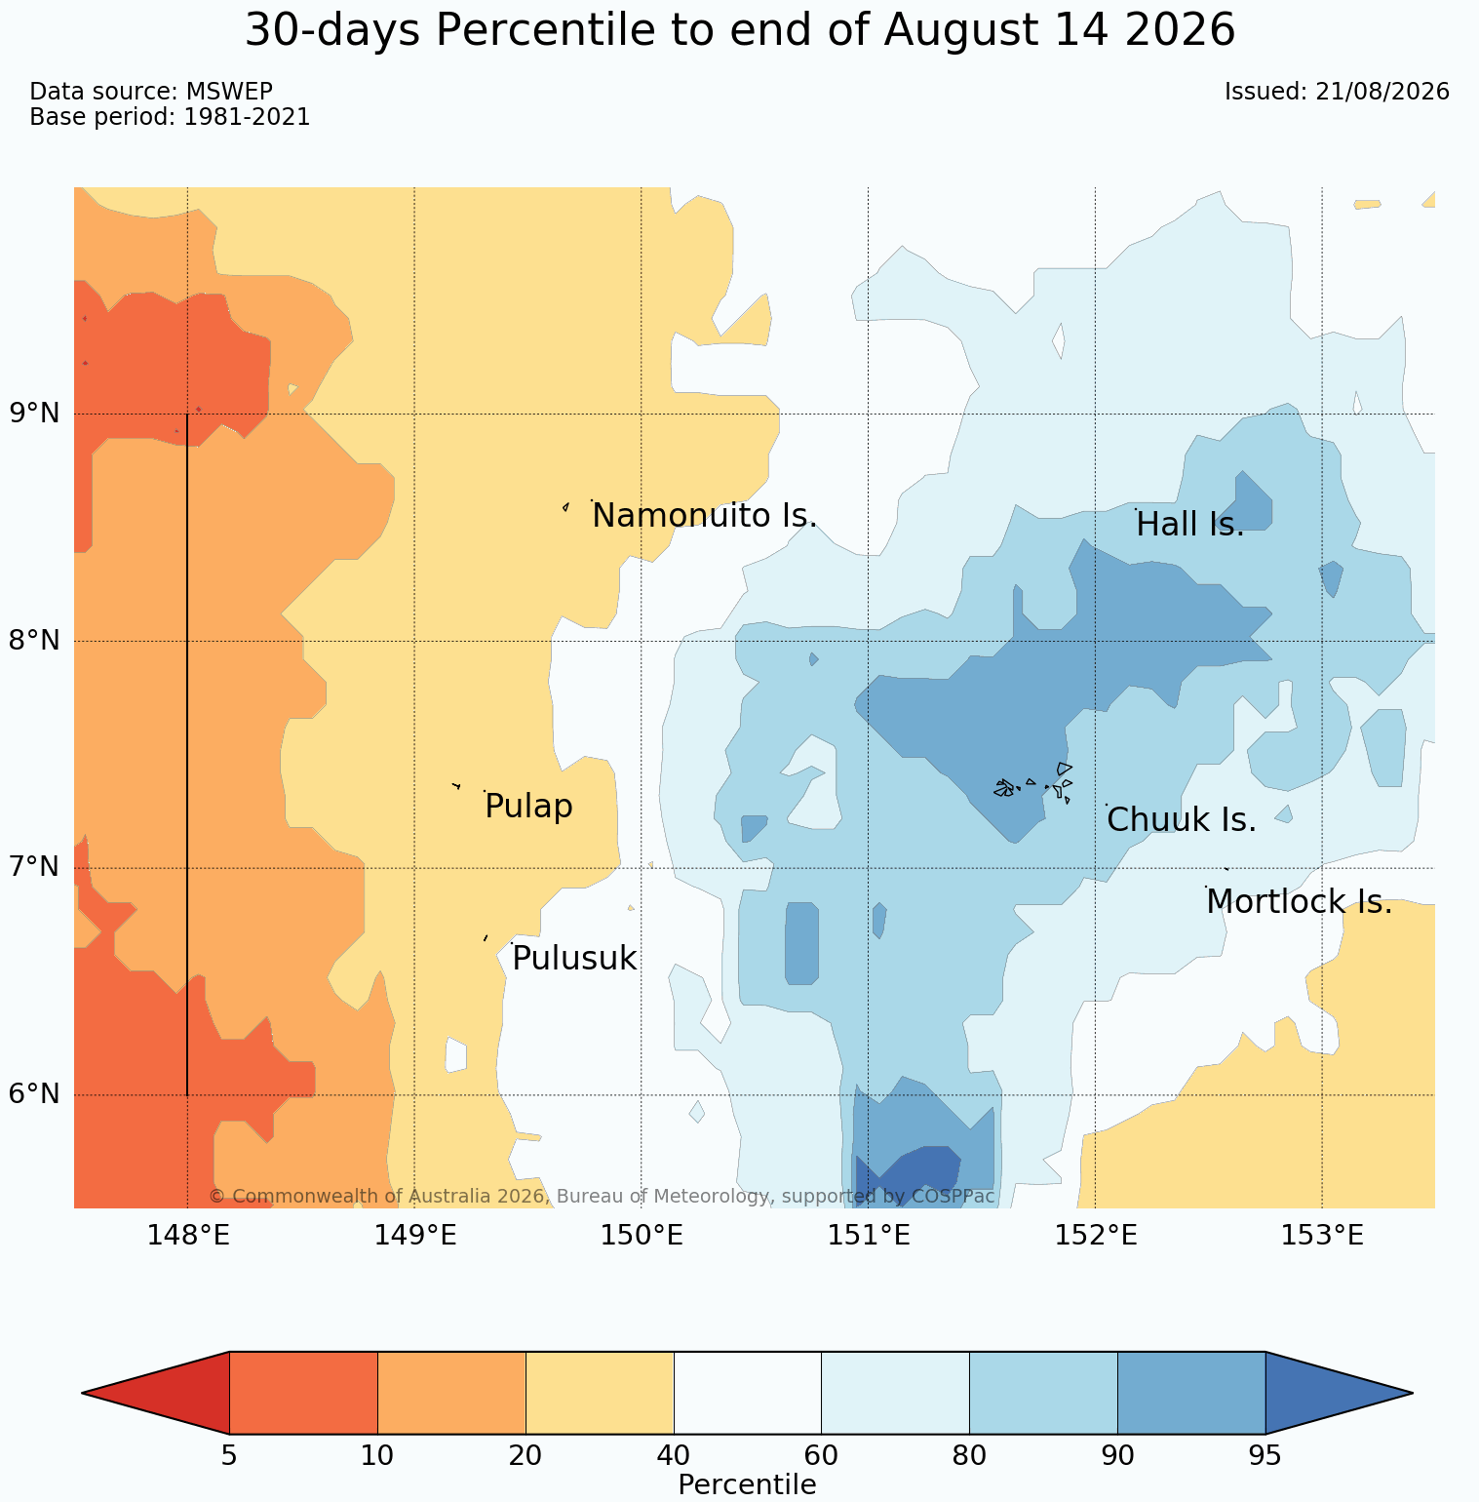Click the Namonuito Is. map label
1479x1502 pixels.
click(705, 515)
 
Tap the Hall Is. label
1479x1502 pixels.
click(1190, 525)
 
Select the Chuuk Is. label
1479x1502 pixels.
click(1182, 820)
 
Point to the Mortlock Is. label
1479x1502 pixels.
click(1300, 902)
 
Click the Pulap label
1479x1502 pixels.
click(528, 807)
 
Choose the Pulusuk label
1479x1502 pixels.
click(574, 959)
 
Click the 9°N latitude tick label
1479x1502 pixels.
click(35, 414)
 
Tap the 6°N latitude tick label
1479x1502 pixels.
click(35, 1094)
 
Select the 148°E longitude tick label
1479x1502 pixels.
click(188, 1236)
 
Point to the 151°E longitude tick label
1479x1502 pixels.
click(869, 1236)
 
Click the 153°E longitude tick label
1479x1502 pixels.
click(1322, 1236)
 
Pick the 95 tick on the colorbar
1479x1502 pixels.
click(1265, 1456)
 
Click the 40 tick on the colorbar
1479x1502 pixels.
click(674, 1456)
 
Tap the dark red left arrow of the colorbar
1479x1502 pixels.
click(156, 1393)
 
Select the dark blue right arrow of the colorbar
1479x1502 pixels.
click(1339, 1393)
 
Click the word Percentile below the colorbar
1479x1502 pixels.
click(747, 1484)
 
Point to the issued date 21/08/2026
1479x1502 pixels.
click(1382, 92)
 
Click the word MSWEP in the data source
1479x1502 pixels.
click(228, 92)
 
